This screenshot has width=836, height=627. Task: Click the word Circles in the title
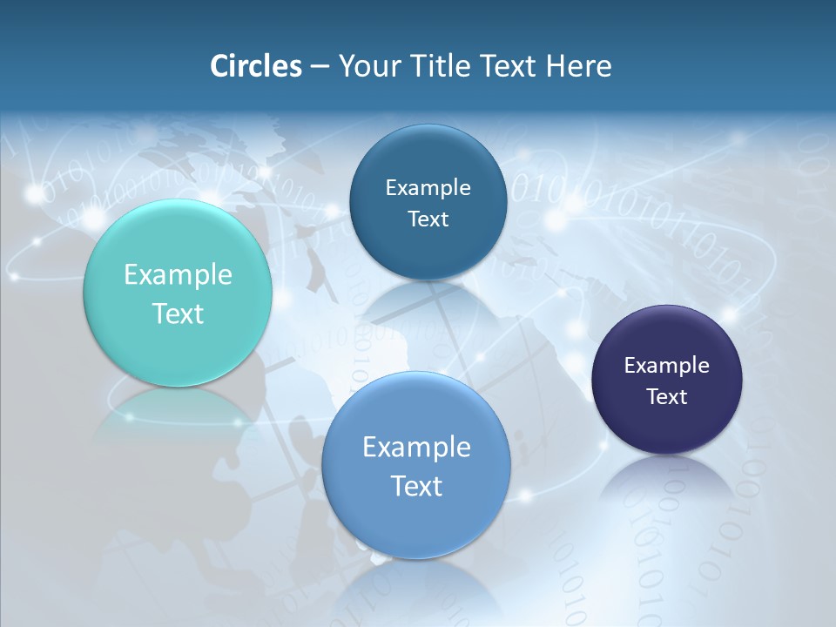pyautogui.click(x=255, y=66)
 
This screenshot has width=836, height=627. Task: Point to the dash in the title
pyautogui.click(x=320, y=67)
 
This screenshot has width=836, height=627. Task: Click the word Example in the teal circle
pyautogui.click(x=178, y=275)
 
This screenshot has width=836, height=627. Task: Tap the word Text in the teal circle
pyautogui.click(x=178, y=313)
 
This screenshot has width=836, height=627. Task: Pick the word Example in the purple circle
pyautogui.click(x=667, y=366)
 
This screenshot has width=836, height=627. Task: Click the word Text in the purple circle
pyautogui.click(x=667, y=397)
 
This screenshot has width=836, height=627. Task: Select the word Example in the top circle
pyautogui.click(x=428, y=188)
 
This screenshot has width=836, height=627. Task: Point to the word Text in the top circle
pyautogui.click(x=428, y=219)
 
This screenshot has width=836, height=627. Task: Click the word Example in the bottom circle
pyautogui.click(x=416, y=448)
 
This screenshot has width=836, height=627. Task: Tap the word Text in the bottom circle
pyautogui.click(x=416, y=486)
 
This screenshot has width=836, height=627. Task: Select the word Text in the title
pyautogui.click(x=509, y=66)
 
